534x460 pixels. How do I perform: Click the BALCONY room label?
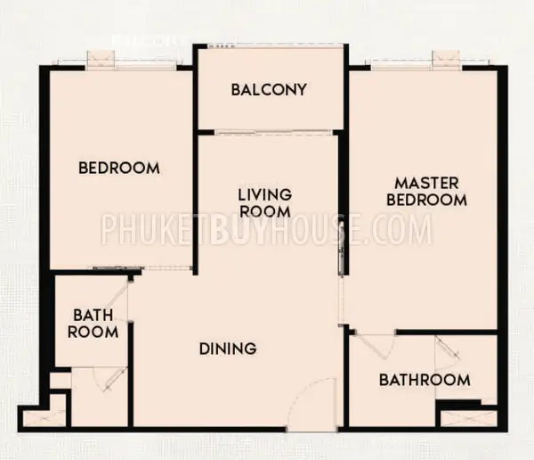pyautogui.click(x=269, y=90)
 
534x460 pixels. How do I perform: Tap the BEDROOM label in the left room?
pyautogui.click(x=119, y=168)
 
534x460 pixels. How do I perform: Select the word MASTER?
pyautogui.click(x=426, y=184)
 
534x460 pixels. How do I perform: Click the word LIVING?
pyautogui.click(x=265, y=195)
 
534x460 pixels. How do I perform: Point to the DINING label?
pyautogui.click(x=228, y=349)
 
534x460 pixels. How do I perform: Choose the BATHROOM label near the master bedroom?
pyautogui.click(x=425, y=380)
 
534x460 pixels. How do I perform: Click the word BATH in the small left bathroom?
pyautogui.click(x=93, y=316)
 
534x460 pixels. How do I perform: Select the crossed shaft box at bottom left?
pyautogui.click(x=44, y=418)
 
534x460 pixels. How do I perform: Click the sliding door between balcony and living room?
pyautogui.click(x=273, y=133)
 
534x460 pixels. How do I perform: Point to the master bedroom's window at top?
pyautogui.click(x=417, y=64)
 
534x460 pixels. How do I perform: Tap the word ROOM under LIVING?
pyautogui.click(x=265, y=211)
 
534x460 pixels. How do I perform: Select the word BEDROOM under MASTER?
pyautogui.click(x=426, y=200)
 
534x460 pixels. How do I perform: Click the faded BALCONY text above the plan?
pyautogui.click(x=149, y=41)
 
